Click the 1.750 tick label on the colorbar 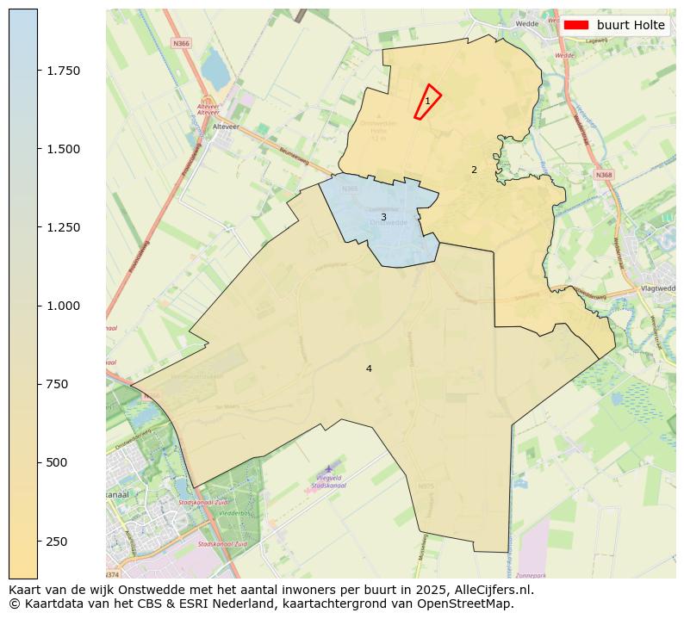tap(64, 71)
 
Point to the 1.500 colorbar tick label tap(64, 149)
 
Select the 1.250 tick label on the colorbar tap(64, 227)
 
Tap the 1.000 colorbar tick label tap(64, 306)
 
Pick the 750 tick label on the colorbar tap(58, 384)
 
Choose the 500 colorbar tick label tap(58, 462)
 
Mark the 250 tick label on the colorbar tap(58, 541)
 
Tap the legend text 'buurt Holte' tap(631, 26)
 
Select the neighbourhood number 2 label tap(474, 170)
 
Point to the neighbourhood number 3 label tap(383, 217)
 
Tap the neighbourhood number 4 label tap(369, 368)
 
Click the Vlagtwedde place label tap(658, 289)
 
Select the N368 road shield tap(603, 175)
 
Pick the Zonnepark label tap(532, 574)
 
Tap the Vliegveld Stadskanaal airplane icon tap(328, 468)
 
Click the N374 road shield tap(113, 574)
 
